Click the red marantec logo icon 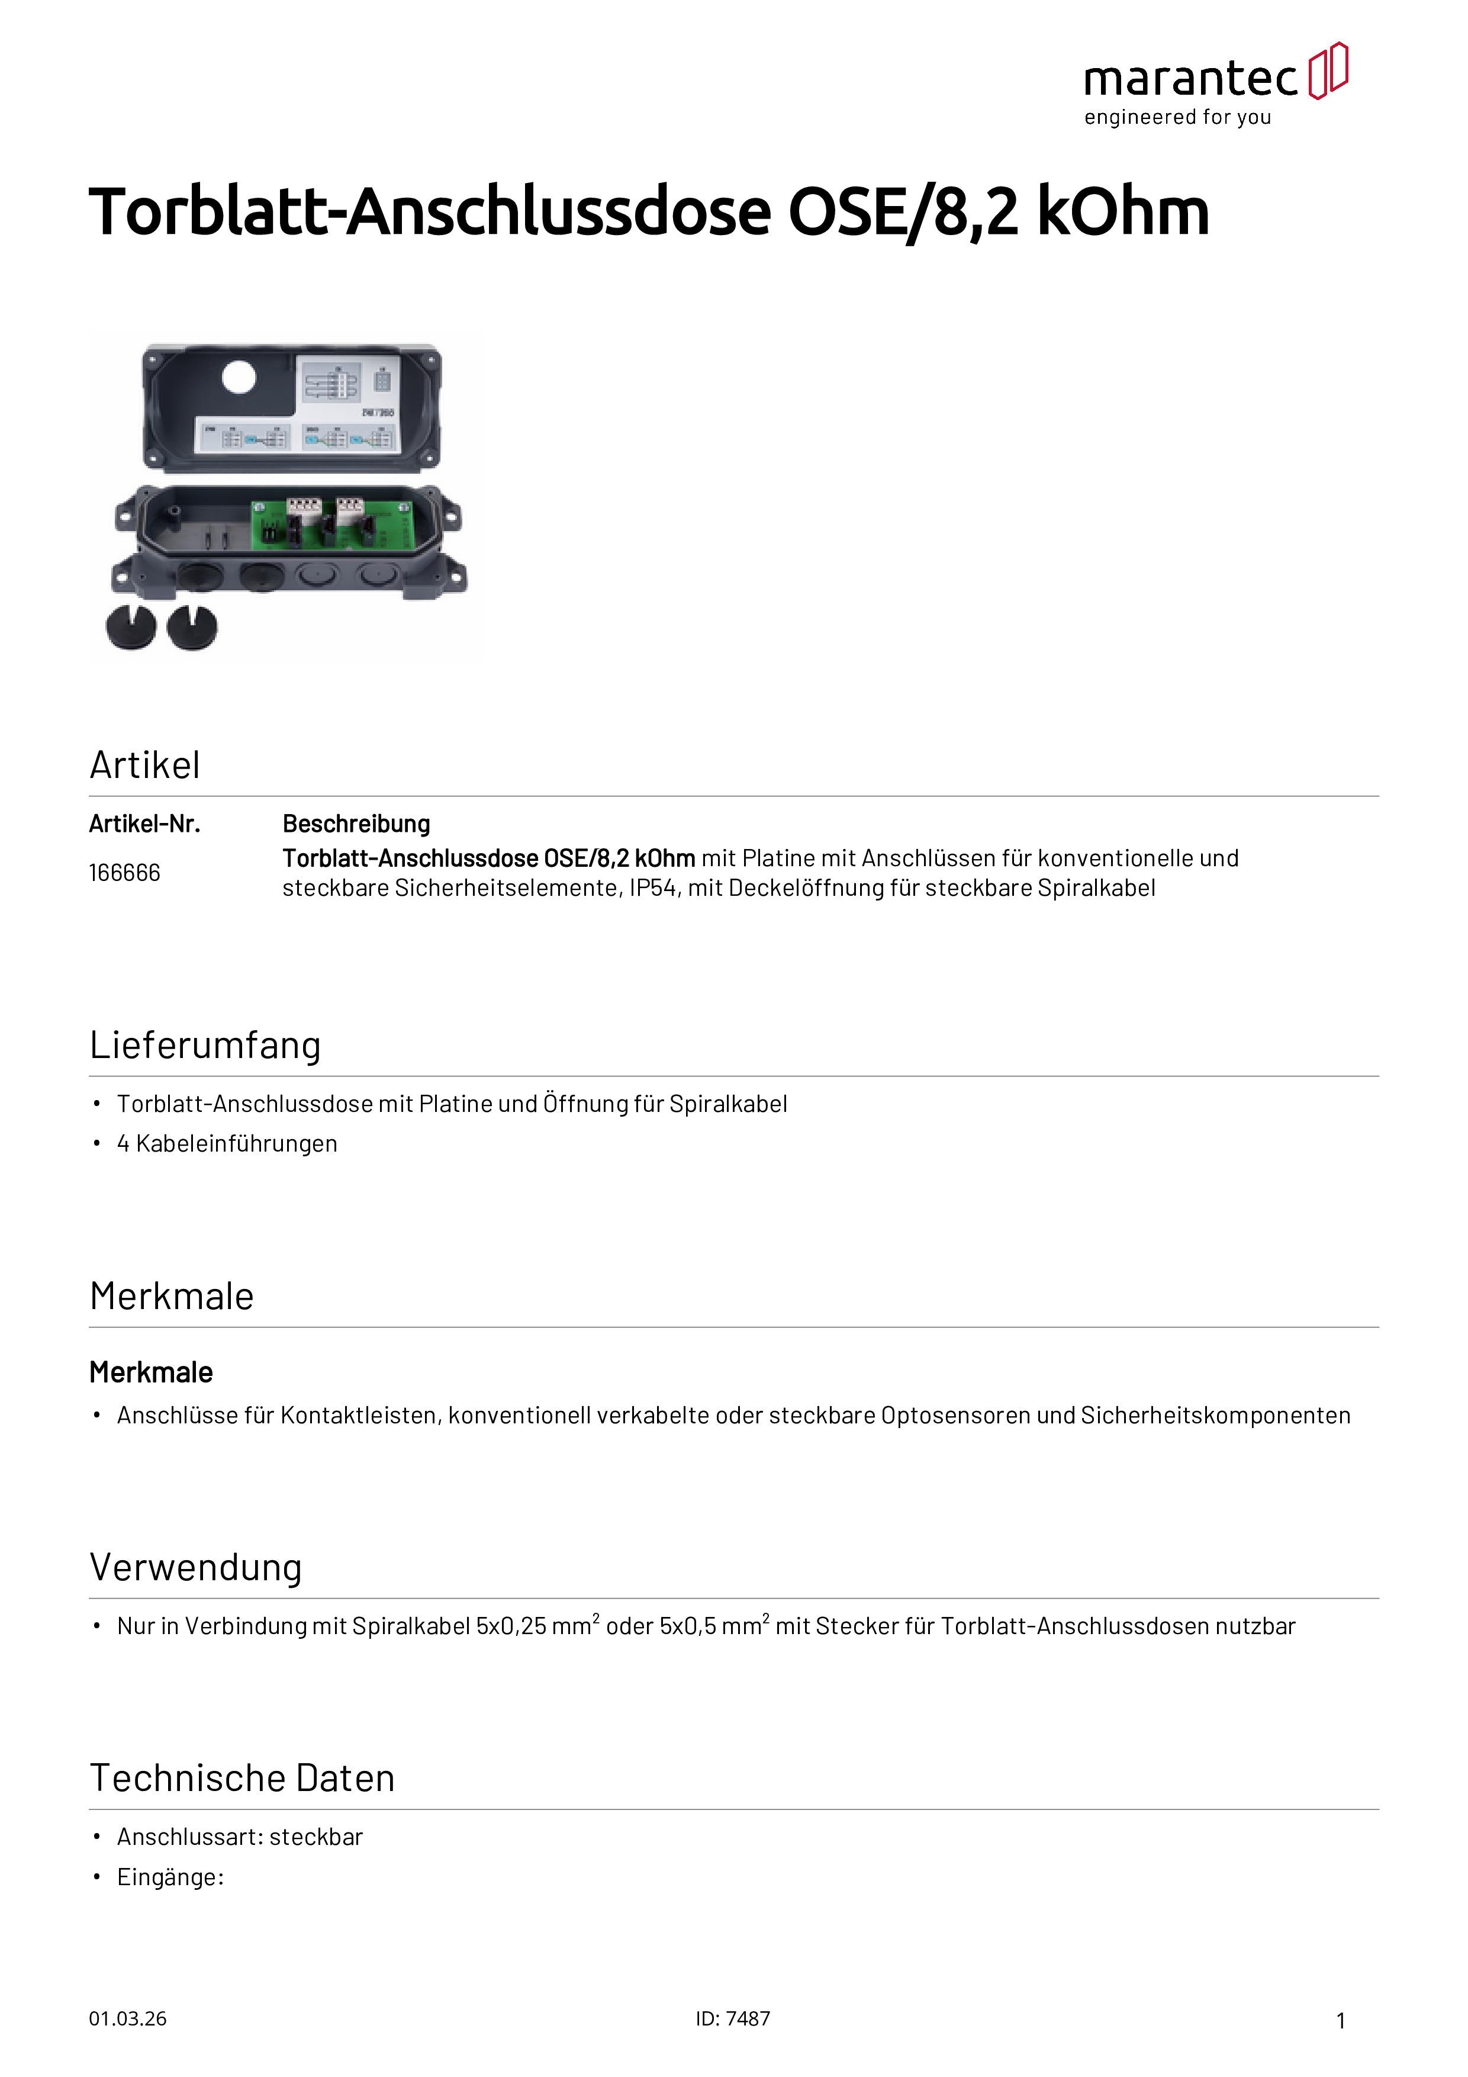pos(1328,70)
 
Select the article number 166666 pos(125,873)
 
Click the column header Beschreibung pos(356,824)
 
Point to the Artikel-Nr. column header pos(144,824)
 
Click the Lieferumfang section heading pos(205,1045)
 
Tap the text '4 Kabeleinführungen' pos(227,1143)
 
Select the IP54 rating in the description pos(652,888)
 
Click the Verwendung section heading pos(195,1568)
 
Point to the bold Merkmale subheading pos(151,1372)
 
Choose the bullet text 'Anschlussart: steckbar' pos(240,1837)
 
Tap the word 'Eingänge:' pos(170,1877)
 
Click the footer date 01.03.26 pos(127,2019)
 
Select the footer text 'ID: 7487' pos(733,2019)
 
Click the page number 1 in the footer pos(1341,2021)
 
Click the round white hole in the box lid pos(239,377)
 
